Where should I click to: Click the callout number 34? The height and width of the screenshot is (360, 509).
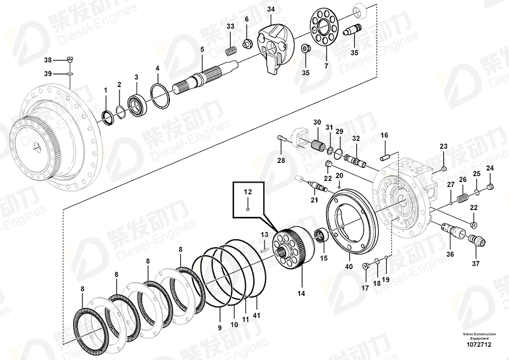[x=271, y=9]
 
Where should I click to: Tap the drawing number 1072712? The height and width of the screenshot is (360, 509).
[x=479, y=345]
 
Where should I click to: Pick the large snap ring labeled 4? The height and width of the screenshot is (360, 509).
[x=160, y=96]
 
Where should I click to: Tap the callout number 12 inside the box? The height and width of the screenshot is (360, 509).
[x=248, y=192]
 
